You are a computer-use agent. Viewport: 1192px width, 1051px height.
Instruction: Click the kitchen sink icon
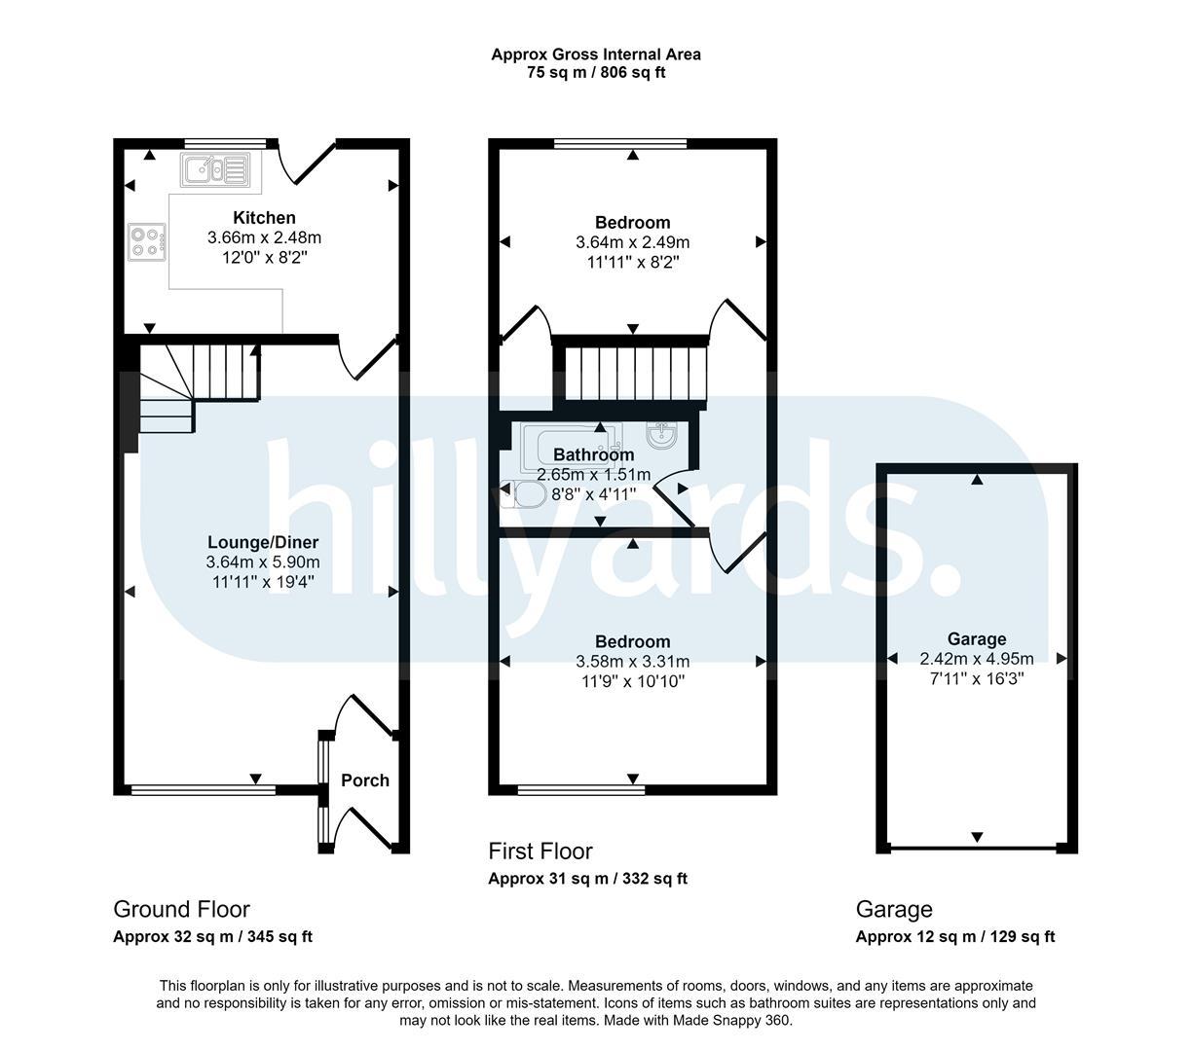[215, 169]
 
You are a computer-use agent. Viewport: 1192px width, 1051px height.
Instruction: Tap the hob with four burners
[146, 241]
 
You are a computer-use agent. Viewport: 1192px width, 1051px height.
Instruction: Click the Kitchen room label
[264, 218]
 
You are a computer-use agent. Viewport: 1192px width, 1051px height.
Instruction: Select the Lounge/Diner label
[263, 542]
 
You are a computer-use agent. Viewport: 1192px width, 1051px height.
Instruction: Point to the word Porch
[365, 779]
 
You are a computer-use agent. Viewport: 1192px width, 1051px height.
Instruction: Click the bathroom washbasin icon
[662, 435]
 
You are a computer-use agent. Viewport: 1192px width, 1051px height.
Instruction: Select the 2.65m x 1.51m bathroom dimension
[594, 475]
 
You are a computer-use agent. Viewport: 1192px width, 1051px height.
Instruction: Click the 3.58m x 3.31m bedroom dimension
[632, 661]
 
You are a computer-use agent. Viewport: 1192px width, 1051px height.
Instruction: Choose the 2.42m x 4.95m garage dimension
[977, 658]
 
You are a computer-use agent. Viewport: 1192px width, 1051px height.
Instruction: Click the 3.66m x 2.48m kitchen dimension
[264, 237]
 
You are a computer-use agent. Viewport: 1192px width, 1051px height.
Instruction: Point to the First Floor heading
[540, 852]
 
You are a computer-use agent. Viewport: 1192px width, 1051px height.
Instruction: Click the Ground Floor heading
[181, 909]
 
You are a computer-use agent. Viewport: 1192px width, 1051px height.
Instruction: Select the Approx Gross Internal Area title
[596, 54]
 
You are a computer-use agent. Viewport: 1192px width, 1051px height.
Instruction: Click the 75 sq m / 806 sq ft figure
[596, 72]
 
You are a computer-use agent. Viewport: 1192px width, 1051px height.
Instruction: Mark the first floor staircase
[635, 374]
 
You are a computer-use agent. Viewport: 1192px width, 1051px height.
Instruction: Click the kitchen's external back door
[307, 161]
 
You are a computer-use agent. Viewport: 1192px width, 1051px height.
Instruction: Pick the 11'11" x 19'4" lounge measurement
[263, 582]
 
